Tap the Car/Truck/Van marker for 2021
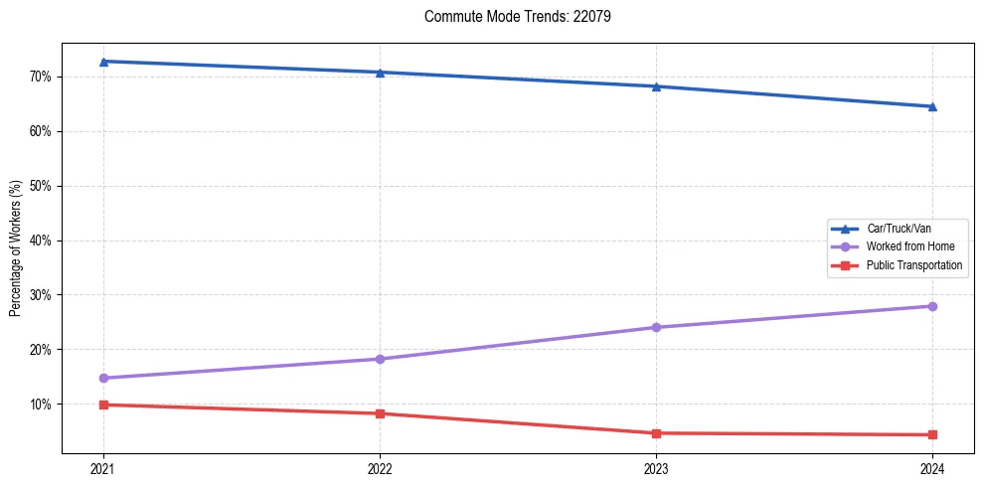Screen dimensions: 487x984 point(103,62)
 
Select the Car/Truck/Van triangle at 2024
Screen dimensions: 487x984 point(932,106)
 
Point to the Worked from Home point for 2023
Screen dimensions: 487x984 point(656,327)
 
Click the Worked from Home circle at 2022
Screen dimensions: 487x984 point(380,359)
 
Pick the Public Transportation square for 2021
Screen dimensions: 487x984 point(103,405)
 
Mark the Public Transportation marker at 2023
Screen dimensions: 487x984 point(656,433)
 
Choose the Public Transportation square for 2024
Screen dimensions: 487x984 point(932,434)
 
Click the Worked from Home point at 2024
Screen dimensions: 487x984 point(932,306)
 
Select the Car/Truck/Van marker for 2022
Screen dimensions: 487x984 point(380,73)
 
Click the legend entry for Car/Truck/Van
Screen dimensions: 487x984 point(898,229)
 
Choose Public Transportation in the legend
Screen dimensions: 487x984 point(913,265)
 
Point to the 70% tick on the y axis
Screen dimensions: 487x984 point(40,77)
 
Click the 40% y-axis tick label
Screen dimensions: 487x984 point(40,241)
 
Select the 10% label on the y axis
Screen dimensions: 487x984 point(40,405)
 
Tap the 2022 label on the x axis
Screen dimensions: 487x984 point(380,468)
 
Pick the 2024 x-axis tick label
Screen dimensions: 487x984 point(932,468)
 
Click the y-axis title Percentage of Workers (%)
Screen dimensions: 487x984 point(16,248)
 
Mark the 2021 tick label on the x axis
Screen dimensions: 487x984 point(103,468)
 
